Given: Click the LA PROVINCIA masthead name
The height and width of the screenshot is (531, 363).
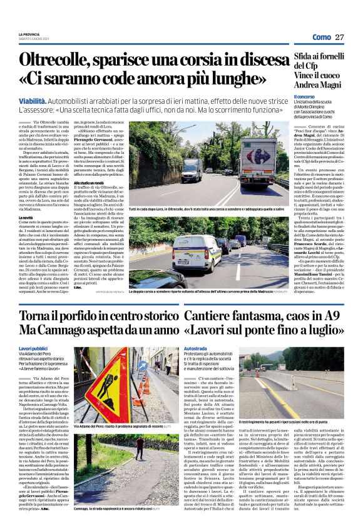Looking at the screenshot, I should (29, 34).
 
